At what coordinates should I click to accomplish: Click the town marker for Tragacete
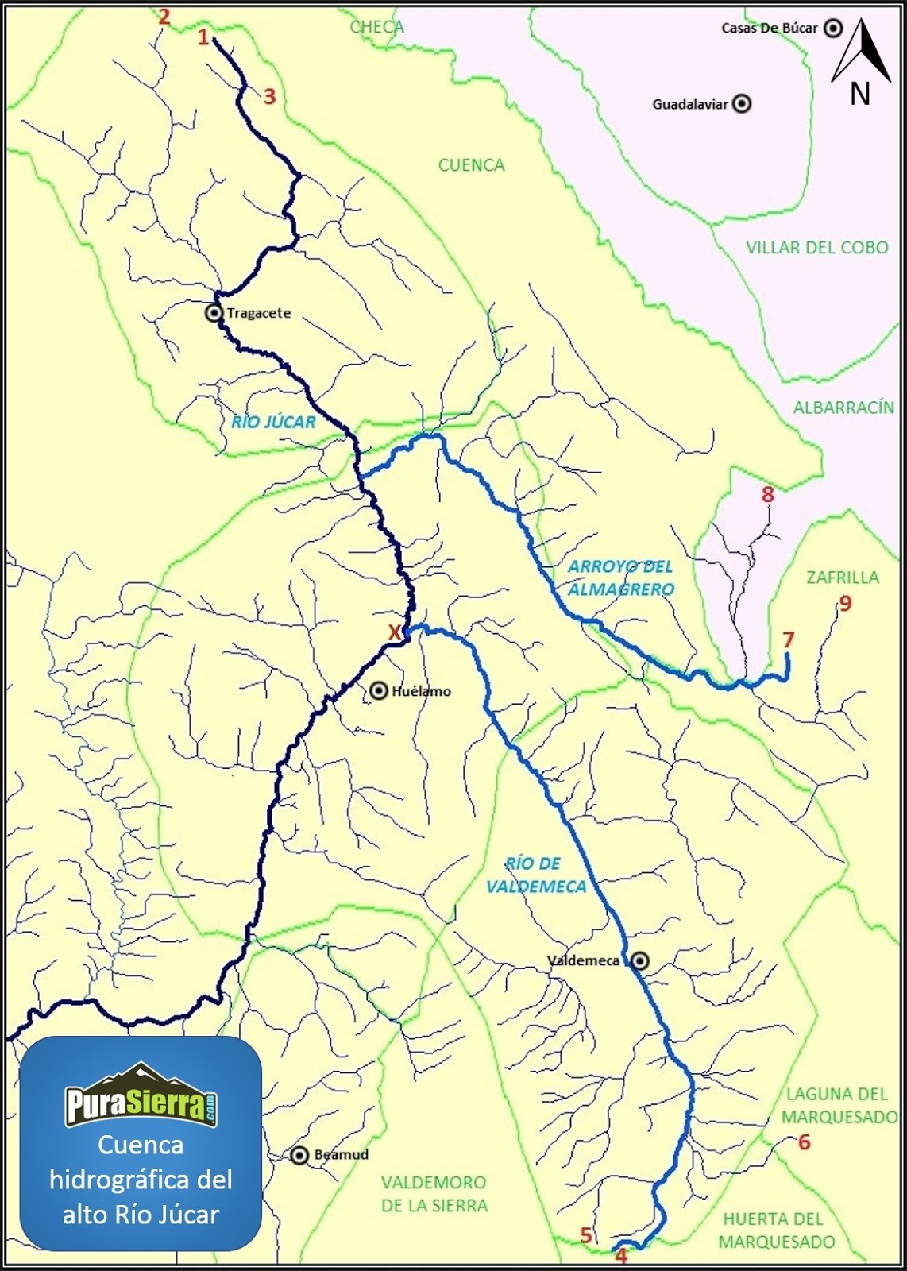click(x=214, y=313)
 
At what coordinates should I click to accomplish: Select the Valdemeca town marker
click(x=639, y=961)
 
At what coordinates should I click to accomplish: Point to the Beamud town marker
click(x=299, y=1156)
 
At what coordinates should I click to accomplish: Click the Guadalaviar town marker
click(x=742, y=104)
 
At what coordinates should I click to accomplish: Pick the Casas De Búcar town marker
click(x=833, y=29)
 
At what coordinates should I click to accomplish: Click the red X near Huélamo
click(x=394, y=633)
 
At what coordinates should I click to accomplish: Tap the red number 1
click(x=203, y=37)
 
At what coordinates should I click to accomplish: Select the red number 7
click(x=788, y=639)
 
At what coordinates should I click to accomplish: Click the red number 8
click(x=767, y=494)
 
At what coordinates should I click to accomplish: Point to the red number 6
click(x=804, y=1142)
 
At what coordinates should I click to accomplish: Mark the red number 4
click(x=621, y=1256)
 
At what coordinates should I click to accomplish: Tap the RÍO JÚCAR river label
click(x=273, y=422)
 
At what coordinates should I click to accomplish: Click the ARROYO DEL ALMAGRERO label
click(x=620, y=578)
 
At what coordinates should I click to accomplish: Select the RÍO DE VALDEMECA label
click(x=535, y=875)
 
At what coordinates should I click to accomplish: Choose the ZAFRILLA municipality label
click(x=843, y=578)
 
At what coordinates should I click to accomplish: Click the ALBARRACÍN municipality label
click(x=843, y=408)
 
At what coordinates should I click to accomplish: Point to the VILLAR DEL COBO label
click(x=816, y=247)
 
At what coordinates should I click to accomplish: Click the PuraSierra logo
click(x=141, y=1097)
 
